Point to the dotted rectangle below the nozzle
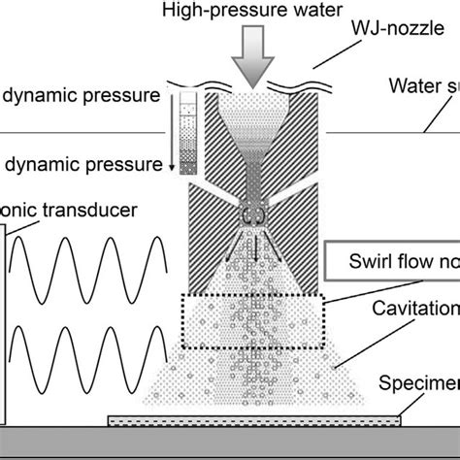click(252, 319)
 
